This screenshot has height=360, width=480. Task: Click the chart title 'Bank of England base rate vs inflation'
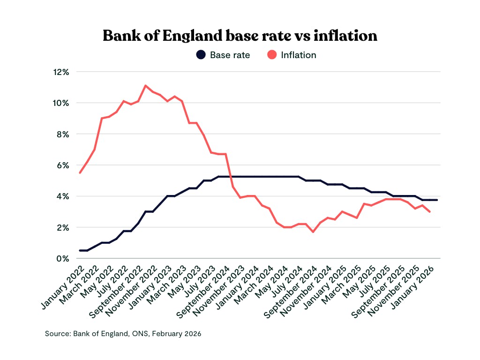pyautogui.click(x=240, y=36)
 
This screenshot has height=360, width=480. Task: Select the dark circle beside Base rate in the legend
pyautogui.click(x=201, y=55)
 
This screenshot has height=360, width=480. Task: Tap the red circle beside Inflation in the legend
pyautogui.click(x=272, y=55)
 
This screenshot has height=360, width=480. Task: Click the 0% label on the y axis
pyautogui.click(x=63, y=258)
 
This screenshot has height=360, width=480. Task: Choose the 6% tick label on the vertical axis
pyautogui.click(x=63, y=165)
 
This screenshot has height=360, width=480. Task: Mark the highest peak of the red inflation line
pyautogui.click(x=145, y=85)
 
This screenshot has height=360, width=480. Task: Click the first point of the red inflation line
pyautogui.click(x=80, y=173)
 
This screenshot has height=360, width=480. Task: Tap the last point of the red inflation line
pyautogui.click(x=430, y=212)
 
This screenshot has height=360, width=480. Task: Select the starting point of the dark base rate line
pyautogui.click(x=80, y=250)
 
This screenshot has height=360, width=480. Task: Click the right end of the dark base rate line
pyautogui.click(x=437, y=200)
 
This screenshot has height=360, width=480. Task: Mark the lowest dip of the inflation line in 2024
pyautogui.click(x=313, y=232)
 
